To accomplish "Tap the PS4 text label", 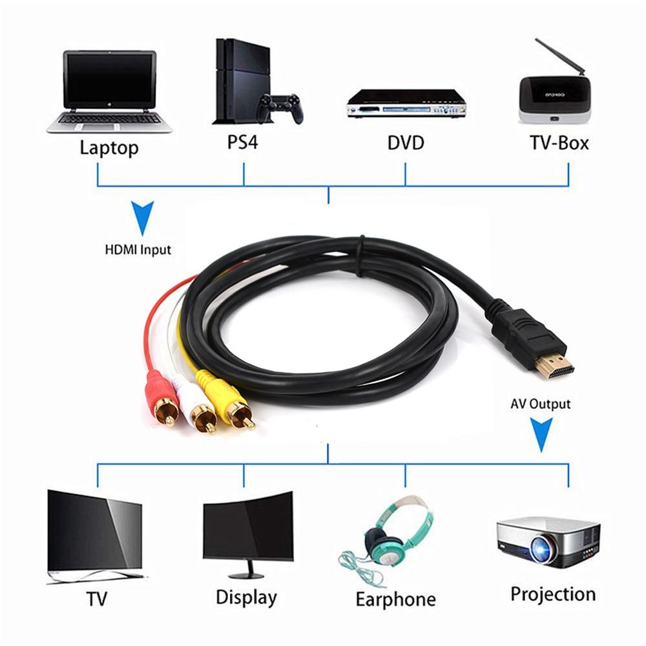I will (x=242, y=141).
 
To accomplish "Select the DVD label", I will (x=406, y=142).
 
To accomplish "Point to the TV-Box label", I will (x=559, y=142).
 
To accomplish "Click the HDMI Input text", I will (x=138, y=249).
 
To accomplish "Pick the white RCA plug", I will (x=198, y=405).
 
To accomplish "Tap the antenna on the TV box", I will (x=557, y=57).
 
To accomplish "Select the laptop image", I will (x=109, y=90).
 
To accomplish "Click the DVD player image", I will (x=406, y=103).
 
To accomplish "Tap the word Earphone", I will (x=395, y=598).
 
